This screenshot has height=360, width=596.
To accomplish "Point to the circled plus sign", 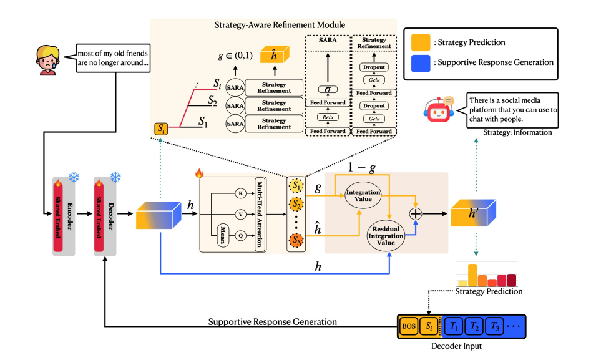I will tap(416, 213).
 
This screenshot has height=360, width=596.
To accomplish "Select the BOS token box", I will tap(408, 326).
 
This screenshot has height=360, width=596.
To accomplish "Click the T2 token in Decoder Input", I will tap(475, 326).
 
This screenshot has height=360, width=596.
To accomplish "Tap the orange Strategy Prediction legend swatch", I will tap(420, 43).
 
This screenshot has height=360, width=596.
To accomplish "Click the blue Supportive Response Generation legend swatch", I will tap(420, 62).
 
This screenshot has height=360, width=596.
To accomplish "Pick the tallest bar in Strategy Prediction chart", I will tap(472, 275).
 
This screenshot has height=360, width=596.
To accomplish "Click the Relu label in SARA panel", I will tap(325, 116).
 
